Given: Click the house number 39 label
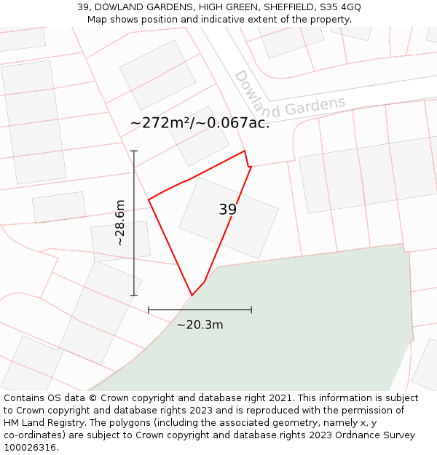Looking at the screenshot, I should point(227,210).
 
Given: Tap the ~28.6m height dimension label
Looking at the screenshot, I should point(120,222).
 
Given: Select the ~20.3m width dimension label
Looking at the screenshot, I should point(200,325).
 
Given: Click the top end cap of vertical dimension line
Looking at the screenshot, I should point(134,151).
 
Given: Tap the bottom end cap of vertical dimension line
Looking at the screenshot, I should point(134,295).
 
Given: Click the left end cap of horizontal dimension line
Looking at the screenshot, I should point(149,310).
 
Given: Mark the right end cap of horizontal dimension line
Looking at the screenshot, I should point(251,310).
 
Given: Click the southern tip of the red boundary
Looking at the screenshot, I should point(192,295).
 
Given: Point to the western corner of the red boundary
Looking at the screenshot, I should point(149,199).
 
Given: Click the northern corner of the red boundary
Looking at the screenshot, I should point(245,151).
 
